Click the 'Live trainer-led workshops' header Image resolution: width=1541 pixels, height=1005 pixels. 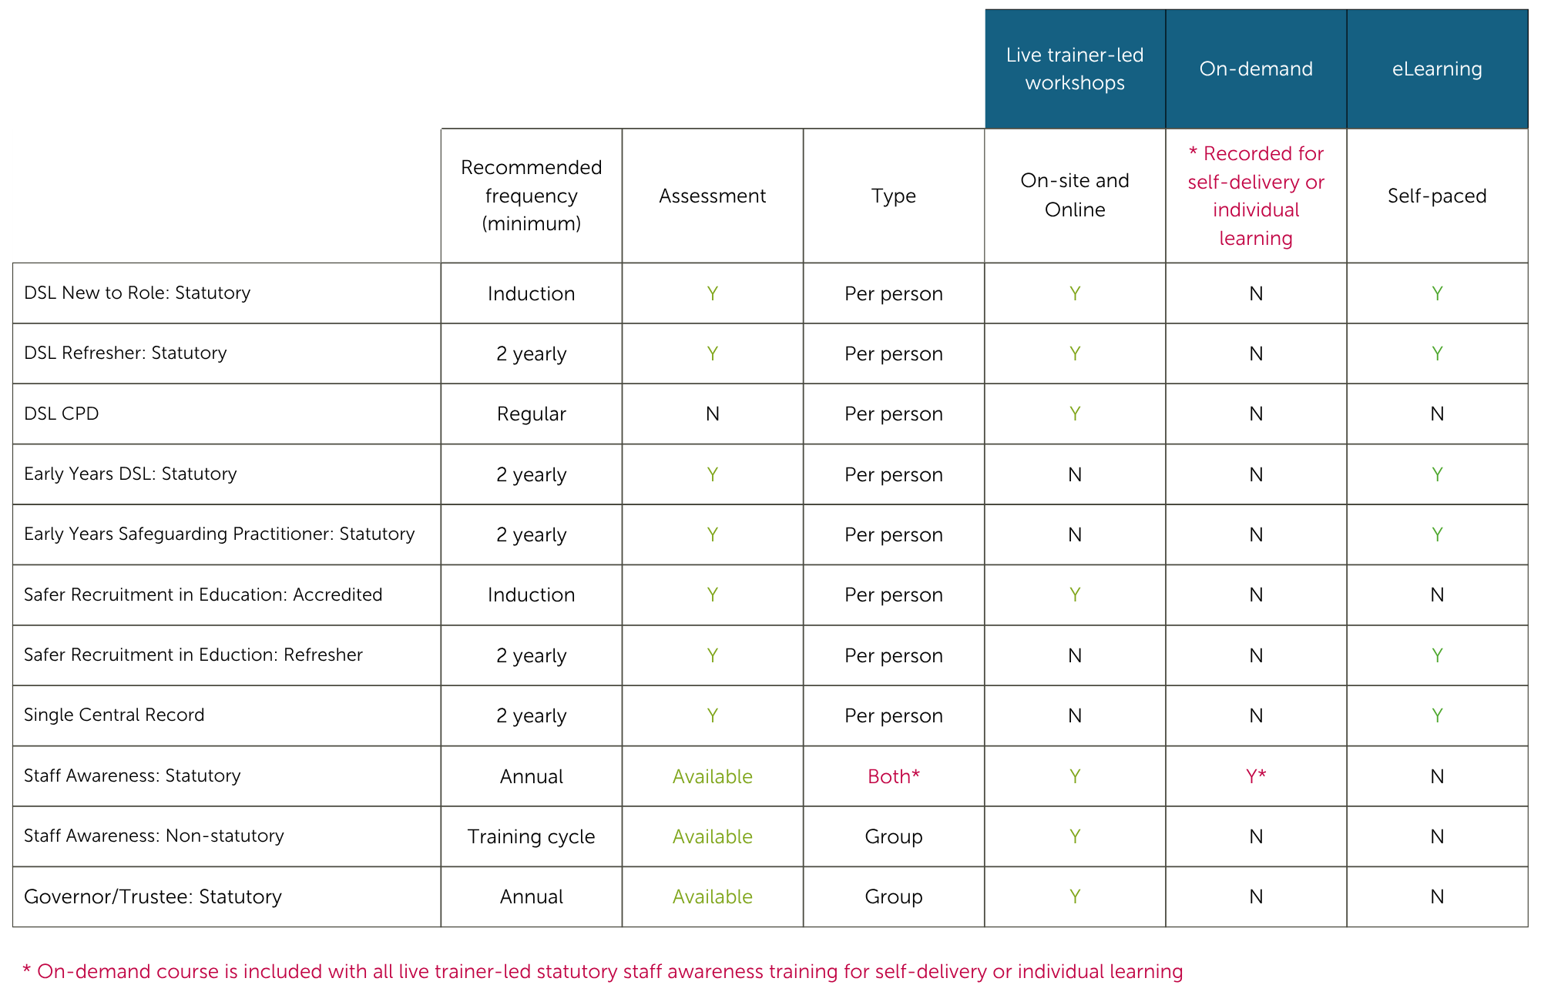(x=1074, y=69)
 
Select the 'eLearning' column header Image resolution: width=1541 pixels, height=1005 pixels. (x=1436, y=69)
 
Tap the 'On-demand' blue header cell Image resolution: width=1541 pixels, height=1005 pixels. (x=1255, y=69)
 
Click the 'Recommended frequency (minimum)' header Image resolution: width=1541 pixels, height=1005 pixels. (x=531, y=196)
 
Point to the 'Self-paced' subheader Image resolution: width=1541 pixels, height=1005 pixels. (x=1436, y=196)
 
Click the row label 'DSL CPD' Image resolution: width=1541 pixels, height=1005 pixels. (x=62, y=414)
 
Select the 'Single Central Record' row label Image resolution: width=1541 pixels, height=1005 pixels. (x=114, y=715)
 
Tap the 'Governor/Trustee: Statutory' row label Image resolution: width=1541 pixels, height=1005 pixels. (x=153, y=896)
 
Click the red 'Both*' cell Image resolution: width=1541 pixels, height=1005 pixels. (x=893, y=776)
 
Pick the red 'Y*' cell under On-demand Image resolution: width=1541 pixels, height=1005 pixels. (x=1255, y=776)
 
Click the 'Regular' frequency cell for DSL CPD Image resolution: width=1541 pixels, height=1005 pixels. (x=531, y=414)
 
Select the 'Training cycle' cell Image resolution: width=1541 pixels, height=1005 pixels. (x=531, y=836)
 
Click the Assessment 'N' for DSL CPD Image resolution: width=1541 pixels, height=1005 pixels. (x=712, y=414)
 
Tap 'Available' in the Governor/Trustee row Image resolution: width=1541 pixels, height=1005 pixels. (x=712, y=896)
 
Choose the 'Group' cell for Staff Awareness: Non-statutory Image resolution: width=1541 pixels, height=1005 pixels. (x=893, y=836)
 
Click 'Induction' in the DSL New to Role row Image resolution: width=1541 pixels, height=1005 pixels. (x=531, y=293)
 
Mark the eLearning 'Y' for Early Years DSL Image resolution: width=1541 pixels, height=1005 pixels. (x=1436, y=474)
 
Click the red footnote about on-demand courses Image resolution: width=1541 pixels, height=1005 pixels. (x=603, y=971)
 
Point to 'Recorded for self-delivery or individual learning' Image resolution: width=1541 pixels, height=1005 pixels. (x=1255, y=196)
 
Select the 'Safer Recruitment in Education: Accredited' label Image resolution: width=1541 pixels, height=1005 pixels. (x=203, y=595)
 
